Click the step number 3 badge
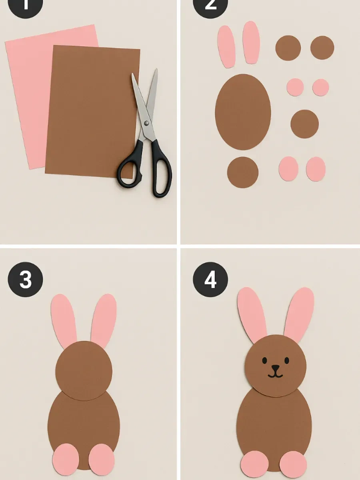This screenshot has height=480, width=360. (25, 280)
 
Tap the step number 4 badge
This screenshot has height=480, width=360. (210, 280)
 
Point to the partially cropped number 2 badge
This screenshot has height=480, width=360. (210, 6)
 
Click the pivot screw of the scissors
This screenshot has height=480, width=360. (146, 123)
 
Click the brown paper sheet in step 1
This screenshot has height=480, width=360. (92, 112)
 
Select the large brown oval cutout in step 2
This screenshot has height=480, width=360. (243, 112)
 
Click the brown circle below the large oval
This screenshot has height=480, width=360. (243, 172)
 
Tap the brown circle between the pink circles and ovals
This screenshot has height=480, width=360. (304, 124)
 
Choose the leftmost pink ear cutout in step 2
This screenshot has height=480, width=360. (226, 46)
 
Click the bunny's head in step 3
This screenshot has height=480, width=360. (84, 370)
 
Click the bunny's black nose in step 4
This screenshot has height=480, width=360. (276, 367)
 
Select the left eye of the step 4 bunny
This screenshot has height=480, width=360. (264, 360)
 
